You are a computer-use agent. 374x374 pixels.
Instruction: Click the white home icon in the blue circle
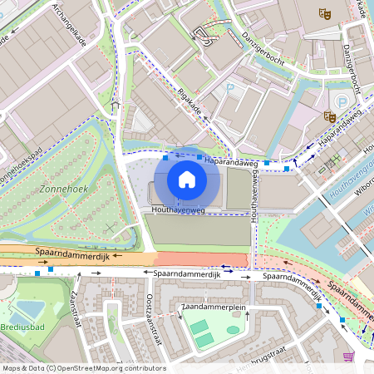click(x=187, y=179)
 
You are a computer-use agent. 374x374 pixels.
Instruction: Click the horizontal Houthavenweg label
click(x=179, y=211)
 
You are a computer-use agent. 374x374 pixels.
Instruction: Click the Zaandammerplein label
click(x=212, y=308)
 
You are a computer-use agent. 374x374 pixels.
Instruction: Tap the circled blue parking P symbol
click(x=342, y=101)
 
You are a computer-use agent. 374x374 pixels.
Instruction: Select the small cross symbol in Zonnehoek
click(x=111, y=227)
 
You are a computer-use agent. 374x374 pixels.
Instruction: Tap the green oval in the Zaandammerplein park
click(x=233, y=330)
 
